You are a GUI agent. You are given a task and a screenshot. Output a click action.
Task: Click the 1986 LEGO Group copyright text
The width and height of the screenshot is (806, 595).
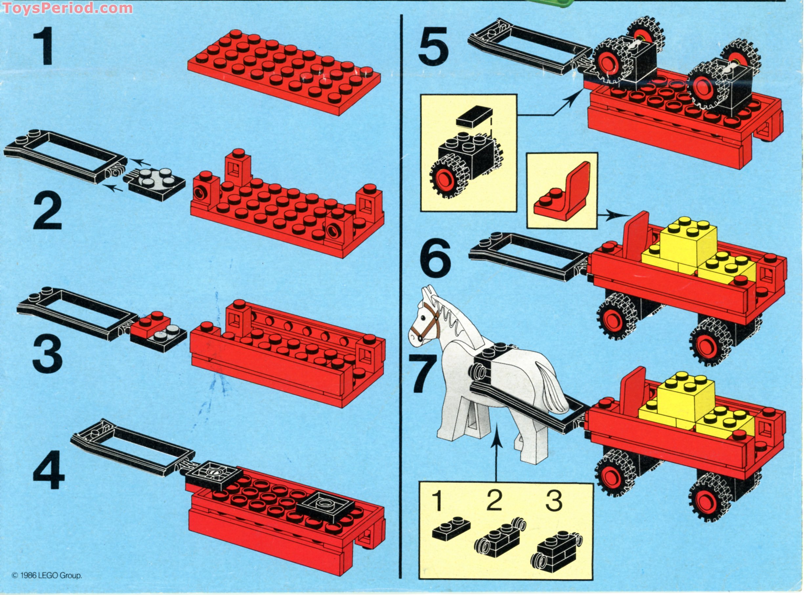pos(47,575)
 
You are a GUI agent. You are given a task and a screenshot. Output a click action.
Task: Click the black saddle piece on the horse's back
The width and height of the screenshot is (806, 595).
pos(492,364)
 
